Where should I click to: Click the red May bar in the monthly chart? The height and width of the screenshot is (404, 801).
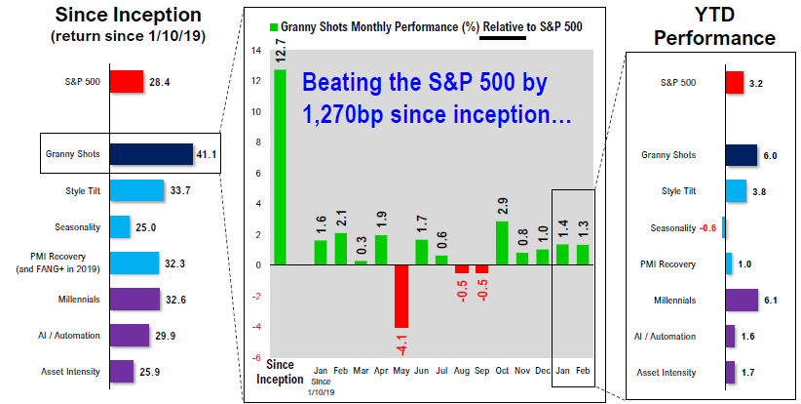(401, 296)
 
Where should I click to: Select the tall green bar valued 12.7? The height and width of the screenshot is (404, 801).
(280, 167)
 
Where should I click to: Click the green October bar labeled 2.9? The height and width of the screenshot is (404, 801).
(502, 243)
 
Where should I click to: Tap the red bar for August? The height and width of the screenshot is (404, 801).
(462, 269)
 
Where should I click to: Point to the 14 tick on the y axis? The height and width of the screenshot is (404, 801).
(256, 51)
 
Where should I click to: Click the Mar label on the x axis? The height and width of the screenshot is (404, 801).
(361, 371)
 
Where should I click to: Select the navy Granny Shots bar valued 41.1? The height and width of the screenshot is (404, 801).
(151, 154)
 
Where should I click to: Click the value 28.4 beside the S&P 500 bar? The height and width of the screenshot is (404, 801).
(160, 82)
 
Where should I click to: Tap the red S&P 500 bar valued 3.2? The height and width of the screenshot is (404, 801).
(735, 82)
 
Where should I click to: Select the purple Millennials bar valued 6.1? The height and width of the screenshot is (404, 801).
(742, 300)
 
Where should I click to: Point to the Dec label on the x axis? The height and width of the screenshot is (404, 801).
(543, 371)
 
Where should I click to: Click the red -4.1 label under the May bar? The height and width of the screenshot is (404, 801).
(401, 343)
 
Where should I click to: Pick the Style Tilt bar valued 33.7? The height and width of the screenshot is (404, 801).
(136, 190)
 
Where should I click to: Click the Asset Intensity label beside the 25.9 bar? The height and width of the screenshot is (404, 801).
(70, 372)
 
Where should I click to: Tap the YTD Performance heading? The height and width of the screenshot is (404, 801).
(714, 26)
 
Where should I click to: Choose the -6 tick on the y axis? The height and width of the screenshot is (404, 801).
(256, 358)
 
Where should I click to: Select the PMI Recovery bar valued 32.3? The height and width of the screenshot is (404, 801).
(134, 263)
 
